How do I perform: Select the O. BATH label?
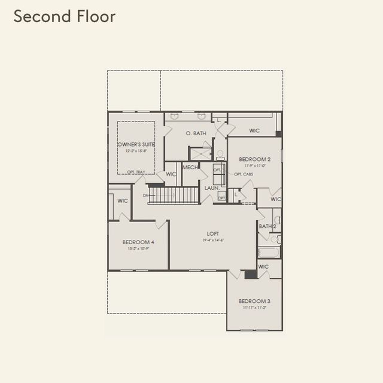(x=196, y=133)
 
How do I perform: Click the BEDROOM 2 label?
(x=256, y=160)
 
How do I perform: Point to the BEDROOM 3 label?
(x=254, y=301)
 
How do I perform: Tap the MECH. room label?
(x=190, y=168)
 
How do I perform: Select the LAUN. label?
(x=211, y=188)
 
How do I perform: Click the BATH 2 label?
(x=267, y=227)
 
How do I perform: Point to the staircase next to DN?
(x=174, y=195)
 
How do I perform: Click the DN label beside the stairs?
(x=145, y=195)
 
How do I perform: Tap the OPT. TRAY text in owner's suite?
(x=136, y=172)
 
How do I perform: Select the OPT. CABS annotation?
(x=242, y=174)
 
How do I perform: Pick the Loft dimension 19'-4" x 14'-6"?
(x=212, y=241)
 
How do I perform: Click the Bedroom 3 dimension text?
(x=254, y=307)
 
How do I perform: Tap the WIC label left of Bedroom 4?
(x=123, y=201)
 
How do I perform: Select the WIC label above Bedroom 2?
(x=254, y=130)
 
